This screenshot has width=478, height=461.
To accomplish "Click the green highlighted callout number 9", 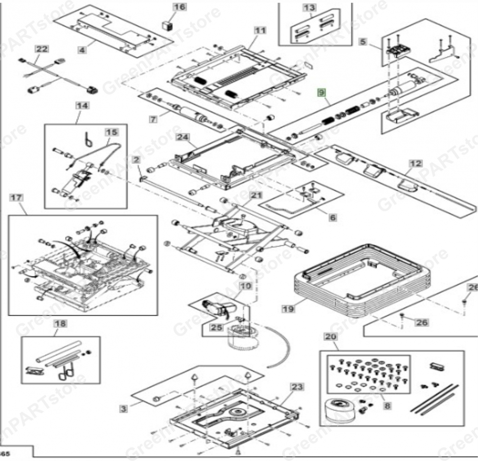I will coord(321,93).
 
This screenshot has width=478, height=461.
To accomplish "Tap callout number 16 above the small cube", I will coord(179,7).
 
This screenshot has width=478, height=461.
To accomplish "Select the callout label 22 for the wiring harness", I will coord(41,49).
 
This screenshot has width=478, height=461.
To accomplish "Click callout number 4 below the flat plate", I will coord(82,50).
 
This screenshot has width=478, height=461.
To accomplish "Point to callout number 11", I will coord(260,30).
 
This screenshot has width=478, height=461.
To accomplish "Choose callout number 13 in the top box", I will coord(309,8).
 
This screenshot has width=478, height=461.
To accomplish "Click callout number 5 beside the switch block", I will coord(363,42).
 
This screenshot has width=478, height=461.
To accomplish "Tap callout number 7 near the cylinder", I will coord(153,119).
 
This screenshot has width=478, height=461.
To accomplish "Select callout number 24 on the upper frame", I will coord(183,137).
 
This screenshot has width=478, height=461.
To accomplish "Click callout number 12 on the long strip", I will coord(415,164).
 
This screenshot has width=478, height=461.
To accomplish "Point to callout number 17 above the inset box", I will coord(16,198).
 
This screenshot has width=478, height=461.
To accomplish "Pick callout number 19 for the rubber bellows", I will coord(288,309).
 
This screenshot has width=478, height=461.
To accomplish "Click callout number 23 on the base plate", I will coord(297,387).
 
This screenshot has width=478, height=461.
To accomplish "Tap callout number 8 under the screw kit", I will coord(387,406).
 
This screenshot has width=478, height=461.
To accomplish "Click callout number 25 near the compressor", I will coord(217,327).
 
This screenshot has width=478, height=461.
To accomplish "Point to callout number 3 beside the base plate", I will coord(123,409).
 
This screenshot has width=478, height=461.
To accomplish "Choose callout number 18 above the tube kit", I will coord(60,324).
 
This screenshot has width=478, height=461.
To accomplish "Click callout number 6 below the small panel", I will coord(332,217).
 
